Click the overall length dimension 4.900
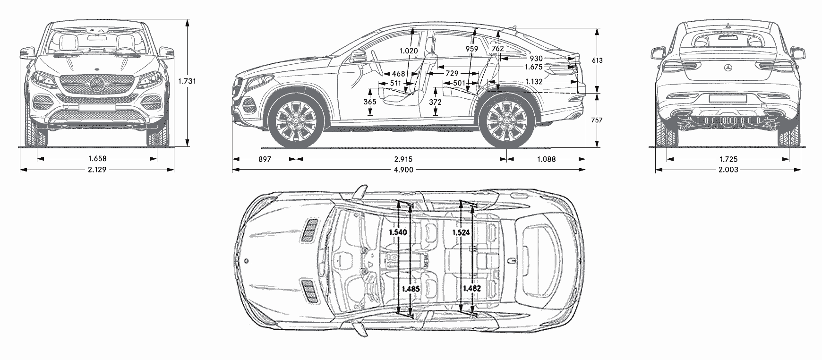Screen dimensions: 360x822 click(409, 170)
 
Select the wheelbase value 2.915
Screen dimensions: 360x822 click(402, 159)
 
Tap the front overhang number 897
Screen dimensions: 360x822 click(265, 159)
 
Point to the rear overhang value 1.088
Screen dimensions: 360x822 click(547, 159)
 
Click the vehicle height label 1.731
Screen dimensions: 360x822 click(187, 81)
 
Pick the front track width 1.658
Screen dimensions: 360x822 click(97, 159)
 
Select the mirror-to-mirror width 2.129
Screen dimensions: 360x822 click(97, 170)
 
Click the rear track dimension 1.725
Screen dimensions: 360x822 click(728, 160)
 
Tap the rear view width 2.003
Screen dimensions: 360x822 click(728, 170)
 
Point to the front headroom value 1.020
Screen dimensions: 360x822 click(409, 51)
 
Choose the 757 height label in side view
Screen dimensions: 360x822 click(597, 120)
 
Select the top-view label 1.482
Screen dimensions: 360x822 click(472, 288)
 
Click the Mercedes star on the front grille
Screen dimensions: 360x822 click(97, 86)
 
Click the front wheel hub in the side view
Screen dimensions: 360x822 click(296, 120)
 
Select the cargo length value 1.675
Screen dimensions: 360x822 click(533, 67)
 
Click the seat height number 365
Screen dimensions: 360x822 click(370, 102)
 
